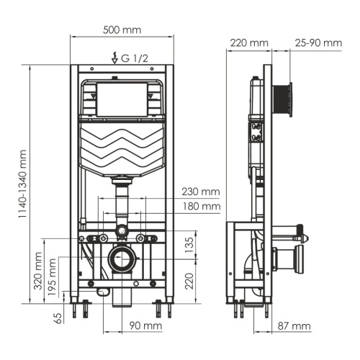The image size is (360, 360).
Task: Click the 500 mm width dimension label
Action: (122, 30)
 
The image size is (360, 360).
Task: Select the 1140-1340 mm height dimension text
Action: (23, 184)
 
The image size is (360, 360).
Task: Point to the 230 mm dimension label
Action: (201, 192)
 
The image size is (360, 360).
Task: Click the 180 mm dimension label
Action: (201, 207)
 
